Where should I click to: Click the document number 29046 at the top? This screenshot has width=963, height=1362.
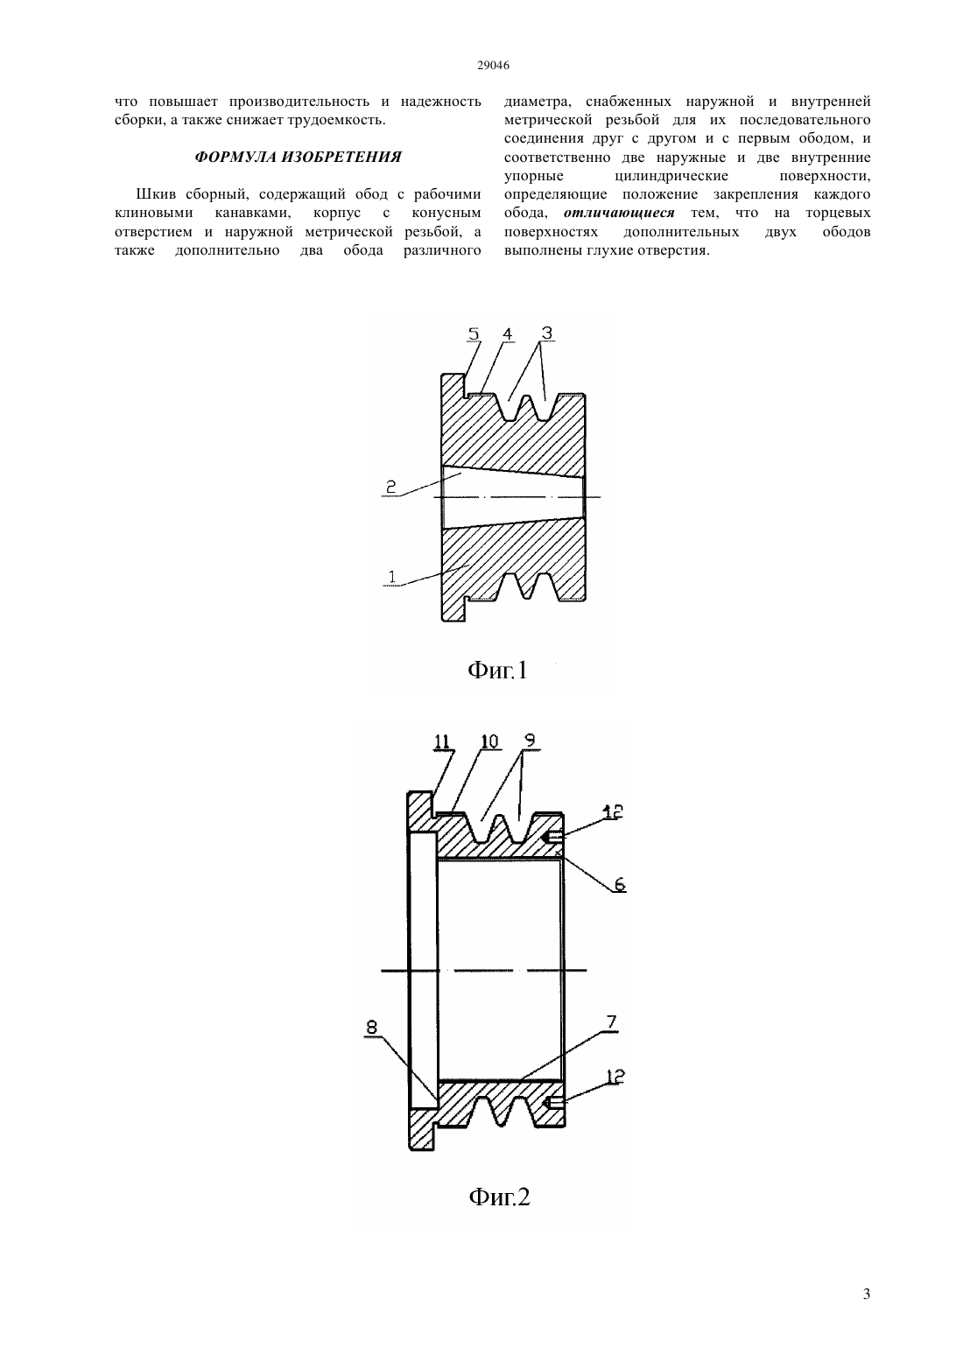click(493, 66)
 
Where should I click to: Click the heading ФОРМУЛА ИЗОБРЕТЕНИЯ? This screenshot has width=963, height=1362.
click(298, 157)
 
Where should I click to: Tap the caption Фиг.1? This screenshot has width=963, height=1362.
click(497, 670)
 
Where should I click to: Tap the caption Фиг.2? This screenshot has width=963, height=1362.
click(499, 1197)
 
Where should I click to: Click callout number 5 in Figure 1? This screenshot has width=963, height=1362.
click(474, 333)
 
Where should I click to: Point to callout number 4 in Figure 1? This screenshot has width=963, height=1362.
click(507, 333)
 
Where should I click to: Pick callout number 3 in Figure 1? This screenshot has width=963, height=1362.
click(546, 333)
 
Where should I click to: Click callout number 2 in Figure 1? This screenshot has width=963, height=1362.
click(391, 486)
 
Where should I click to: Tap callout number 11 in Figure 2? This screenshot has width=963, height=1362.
click(442, 742)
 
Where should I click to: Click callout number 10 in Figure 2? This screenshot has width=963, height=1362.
click(489, 741)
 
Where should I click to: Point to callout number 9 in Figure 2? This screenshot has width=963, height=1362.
click(530, 741)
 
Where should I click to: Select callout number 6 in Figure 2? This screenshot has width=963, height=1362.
click(619, 884)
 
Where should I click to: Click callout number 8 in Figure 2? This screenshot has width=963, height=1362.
click(371, 1027)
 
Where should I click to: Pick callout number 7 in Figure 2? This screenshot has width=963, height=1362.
click(611, 1022)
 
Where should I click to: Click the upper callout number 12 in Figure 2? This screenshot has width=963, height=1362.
click(612, 811)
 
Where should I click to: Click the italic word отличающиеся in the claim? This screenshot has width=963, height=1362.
click(619, 214)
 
